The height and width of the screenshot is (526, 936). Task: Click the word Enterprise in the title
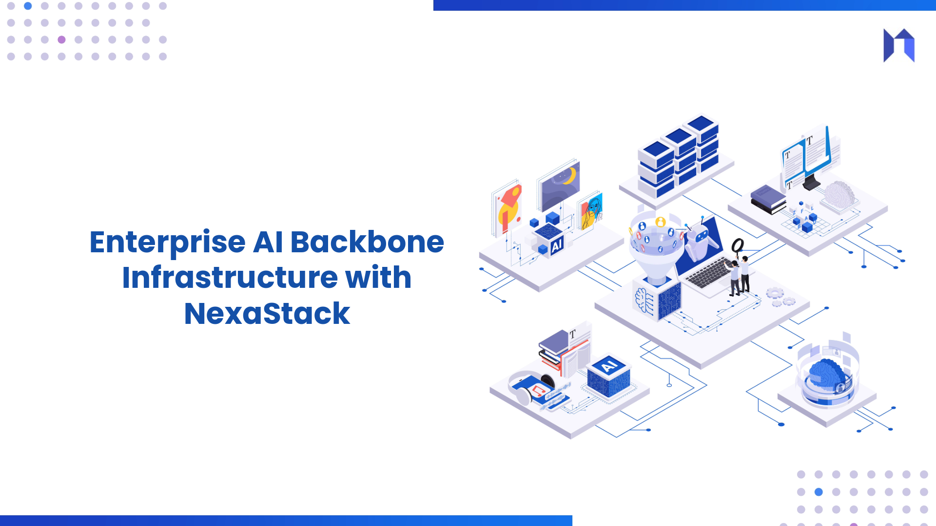coord(167,243)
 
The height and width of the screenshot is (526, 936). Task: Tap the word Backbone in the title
coord(367,243)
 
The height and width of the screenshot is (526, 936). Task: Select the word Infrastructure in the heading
coord(230,278)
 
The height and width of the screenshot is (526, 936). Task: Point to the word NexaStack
coord(267,314)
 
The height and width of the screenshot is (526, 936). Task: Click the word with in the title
coord(378,278)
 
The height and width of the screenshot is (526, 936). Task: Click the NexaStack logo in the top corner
coord(899,45)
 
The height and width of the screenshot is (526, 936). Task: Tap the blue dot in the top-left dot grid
coord(28,6)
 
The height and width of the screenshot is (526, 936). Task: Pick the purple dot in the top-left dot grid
coord(61,40)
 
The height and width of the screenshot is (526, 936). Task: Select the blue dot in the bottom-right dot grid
coord(819,492)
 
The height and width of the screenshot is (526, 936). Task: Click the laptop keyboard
coord(709,273)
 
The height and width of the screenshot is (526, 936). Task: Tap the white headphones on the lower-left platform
coord(524,385)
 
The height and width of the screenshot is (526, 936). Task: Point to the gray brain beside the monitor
coord(839,195)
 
